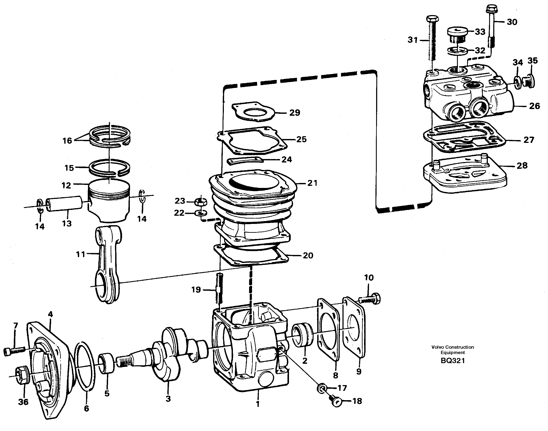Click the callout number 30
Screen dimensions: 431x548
click(512, 22)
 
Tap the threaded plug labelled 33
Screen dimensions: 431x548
click(457, 36)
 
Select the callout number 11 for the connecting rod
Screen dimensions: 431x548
click(81, 254)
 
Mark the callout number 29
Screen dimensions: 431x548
click(294, 112)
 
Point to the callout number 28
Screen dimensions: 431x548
click(522, 166)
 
